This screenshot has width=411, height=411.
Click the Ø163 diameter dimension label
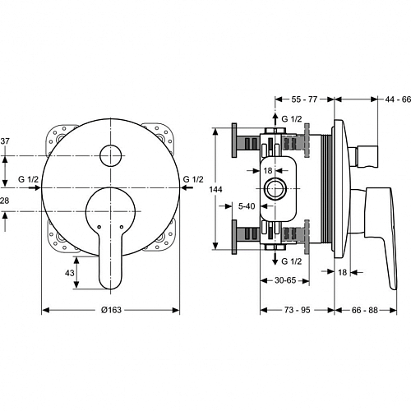coord(111,310)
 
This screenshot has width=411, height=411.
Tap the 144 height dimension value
coord(215,189)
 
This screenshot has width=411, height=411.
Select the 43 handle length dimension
coord(69,273)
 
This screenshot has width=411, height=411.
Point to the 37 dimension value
coord(5,141)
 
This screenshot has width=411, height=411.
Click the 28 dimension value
coord(4,201)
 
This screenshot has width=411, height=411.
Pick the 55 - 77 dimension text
coord(304,99)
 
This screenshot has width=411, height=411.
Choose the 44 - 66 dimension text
coord(398,99)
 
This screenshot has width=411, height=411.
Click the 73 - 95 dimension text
coord(297,310)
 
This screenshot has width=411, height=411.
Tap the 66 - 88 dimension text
coord(365,310)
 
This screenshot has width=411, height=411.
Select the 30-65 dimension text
coord(285,280)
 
